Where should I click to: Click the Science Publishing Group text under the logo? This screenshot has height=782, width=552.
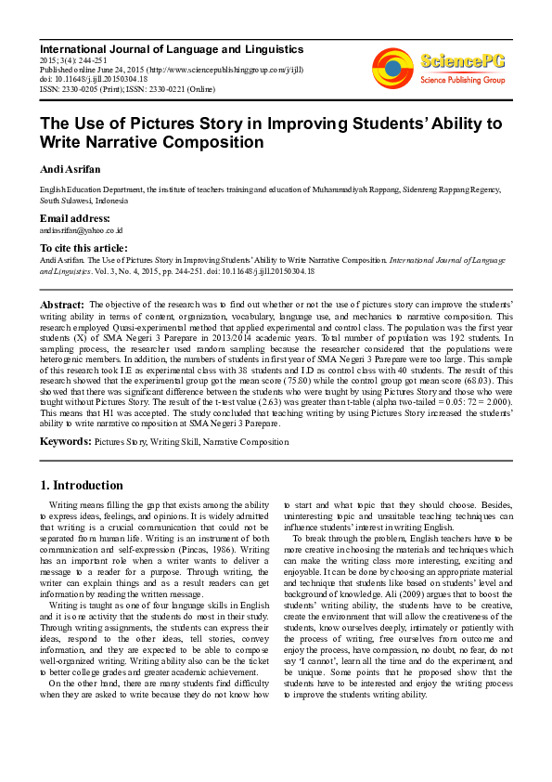(463, 81)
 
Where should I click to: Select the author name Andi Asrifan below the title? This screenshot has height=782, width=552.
(70, 169)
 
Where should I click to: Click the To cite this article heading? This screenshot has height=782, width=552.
(83, 248)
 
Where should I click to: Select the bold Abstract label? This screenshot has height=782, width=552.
(61, 305)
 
